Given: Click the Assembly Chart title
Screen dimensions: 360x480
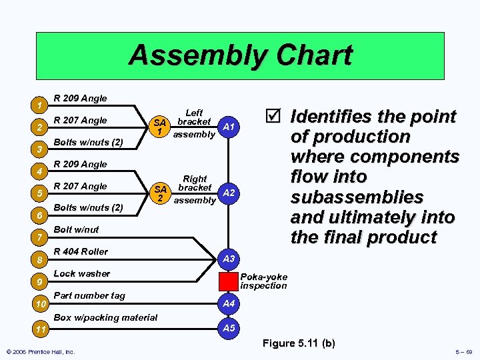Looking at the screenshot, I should pyautogui.click(x=240, y=55).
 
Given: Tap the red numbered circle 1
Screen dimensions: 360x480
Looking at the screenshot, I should pyautogui.click(x=40, y=106).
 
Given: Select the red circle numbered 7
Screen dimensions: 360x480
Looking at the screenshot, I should pyautogui.click(x=40, y=238).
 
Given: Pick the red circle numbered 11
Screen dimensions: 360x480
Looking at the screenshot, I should pyautogui.click(x=40, y=329).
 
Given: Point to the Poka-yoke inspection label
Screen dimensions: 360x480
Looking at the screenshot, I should pyautogui.click(x=264, y=281).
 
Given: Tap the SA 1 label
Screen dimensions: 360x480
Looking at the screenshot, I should pyautogui.click(x=159, y=127).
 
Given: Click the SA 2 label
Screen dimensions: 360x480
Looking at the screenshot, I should pyautogui.click(x=159, y=193).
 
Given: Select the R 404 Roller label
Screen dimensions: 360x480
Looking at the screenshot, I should pyautogui.click(x=80, y=251).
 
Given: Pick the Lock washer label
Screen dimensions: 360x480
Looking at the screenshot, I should pyautogui.click(x=81, y=273).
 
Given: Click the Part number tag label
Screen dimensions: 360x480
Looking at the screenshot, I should pyautogui.click(x=89, y=295).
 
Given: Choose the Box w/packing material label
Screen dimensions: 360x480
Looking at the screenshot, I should pyautogui.click(x=105, y=317).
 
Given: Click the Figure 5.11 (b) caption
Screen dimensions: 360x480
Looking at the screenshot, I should pyautogui.click(x=299, y=343).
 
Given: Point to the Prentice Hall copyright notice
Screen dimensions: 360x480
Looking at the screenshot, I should pyautogui.click(x=39, y=351).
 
